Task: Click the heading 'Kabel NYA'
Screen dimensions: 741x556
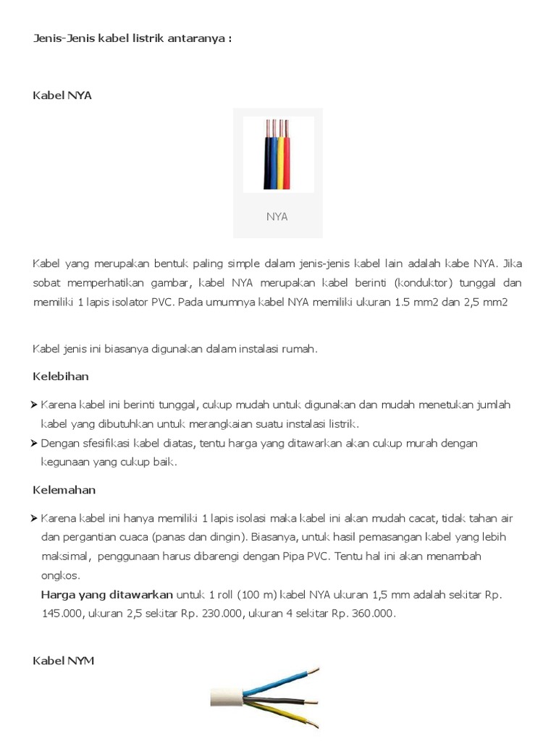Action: (62, 95)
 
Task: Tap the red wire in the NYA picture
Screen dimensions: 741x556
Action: (287, 164)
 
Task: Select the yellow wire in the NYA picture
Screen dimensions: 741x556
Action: (280, 164)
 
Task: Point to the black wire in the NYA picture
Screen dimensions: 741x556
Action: (266, 164)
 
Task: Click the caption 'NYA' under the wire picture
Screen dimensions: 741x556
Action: (277, 216)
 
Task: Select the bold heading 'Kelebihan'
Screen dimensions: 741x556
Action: (61, 376)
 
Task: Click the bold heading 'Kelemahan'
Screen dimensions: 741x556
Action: (64, 490)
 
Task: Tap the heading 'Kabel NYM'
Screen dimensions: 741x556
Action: (64, 661)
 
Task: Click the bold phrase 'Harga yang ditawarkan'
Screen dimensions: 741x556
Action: (107, 594)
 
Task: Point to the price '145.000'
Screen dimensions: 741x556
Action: (59, 613)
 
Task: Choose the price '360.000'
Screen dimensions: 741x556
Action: (372, 613)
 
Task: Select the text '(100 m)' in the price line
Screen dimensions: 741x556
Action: (256, 594)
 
